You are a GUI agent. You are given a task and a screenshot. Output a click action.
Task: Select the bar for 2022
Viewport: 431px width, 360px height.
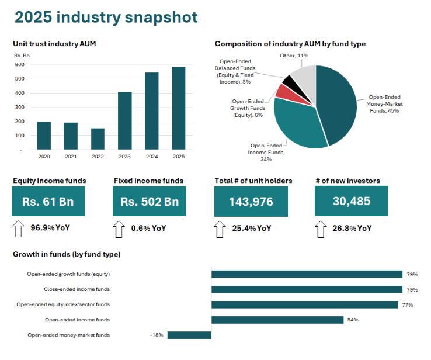(98, 139)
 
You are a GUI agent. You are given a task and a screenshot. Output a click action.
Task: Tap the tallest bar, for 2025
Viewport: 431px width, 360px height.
(179, 108)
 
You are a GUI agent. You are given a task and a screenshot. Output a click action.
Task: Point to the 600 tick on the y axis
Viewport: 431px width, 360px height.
(20, 64)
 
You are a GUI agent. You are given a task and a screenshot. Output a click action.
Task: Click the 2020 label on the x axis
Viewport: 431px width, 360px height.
(44, 157)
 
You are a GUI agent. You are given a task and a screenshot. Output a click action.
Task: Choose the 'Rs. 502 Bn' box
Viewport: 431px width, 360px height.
(149, 202)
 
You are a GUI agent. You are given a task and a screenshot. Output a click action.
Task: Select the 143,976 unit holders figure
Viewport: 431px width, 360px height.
(250, 202)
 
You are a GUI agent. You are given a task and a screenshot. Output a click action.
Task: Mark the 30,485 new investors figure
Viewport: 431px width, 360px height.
(351, 202)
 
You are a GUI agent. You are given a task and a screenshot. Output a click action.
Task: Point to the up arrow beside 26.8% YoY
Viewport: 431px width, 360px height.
(321, 229)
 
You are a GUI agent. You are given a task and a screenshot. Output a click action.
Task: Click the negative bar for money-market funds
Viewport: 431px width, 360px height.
(189, 335)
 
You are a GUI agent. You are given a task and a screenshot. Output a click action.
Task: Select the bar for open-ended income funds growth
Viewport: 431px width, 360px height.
(277, 320)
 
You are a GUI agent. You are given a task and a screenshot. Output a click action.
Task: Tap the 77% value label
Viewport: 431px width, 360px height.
(407, 304)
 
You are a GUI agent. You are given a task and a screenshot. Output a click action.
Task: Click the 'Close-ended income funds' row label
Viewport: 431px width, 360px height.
(77, 289)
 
